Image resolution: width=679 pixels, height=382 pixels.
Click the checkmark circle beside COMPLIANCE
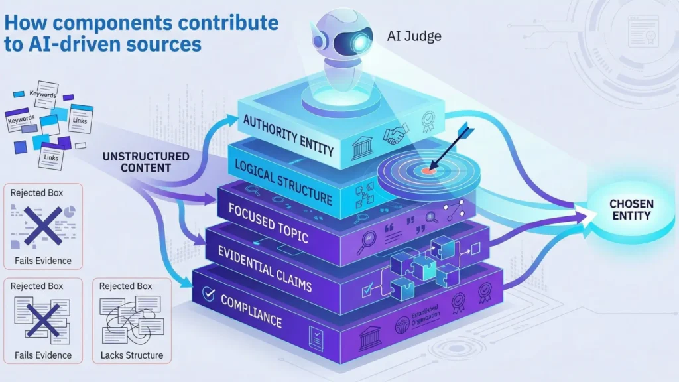208,291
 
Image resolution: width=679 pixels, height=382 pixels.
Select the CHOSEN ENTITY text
631,209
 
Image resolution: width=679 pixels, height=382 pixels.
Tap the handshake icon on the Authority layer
396,135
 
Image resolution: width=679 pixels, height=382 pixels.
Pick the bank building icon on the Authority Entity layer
361,147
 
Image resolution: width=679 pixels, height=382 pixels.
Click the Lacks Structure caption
131,355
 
